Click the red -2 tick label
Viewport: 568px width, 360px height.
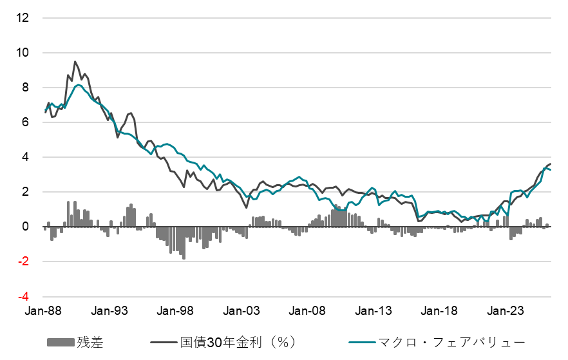click(x=23, y=261)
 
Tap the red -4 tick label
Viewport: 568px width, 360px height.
click(x=23, y=297)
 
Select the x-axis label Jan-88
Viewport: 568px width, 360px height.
click(x=44, y=310)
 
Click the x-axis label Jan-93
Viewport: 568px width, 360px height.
click(x=111, y=310)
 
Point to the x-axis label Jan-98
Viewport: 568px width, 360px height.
click(x=177, y=310)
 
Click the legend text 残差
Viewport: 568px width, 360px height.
click(x=90, y=342)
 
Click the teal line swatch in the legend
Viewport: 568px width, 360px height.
click(x=364, y=342)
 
